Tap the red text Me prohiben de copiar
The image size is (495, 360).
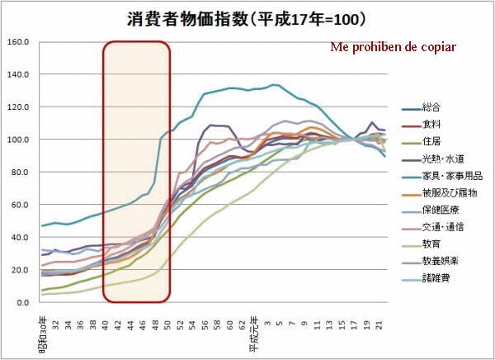[x=392, y=46]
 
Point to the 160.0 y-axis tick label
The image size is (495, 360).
[x=17, y=42]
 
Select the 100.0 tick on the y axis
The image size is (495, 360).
[x=17, y=140]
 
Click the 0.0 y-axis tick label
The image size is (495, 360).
[x=22, y=302]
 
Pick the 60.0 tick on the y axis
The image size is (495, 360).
[x=20, y=205]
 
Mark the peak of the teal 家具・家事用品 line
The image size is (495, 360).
[x=275, y=84]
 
